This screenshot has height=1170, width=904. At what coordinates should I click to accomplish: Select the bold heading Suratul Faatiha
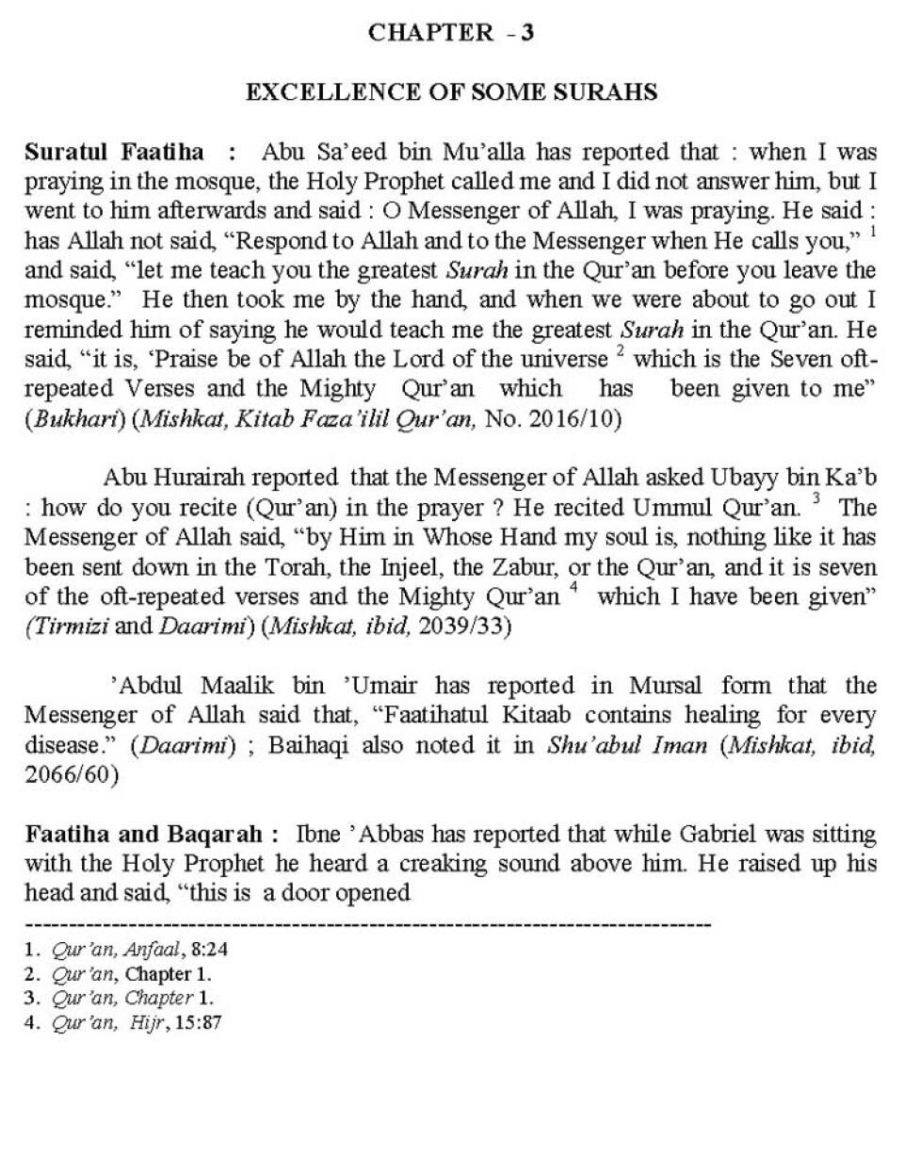(x=114, y=152)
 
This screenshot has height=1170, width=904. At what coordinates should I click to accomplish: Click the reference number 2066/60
(x=71, y=774)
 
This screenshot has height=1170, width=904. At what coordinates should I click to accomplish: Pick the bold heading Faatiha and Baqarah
(x=151, y=835)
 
